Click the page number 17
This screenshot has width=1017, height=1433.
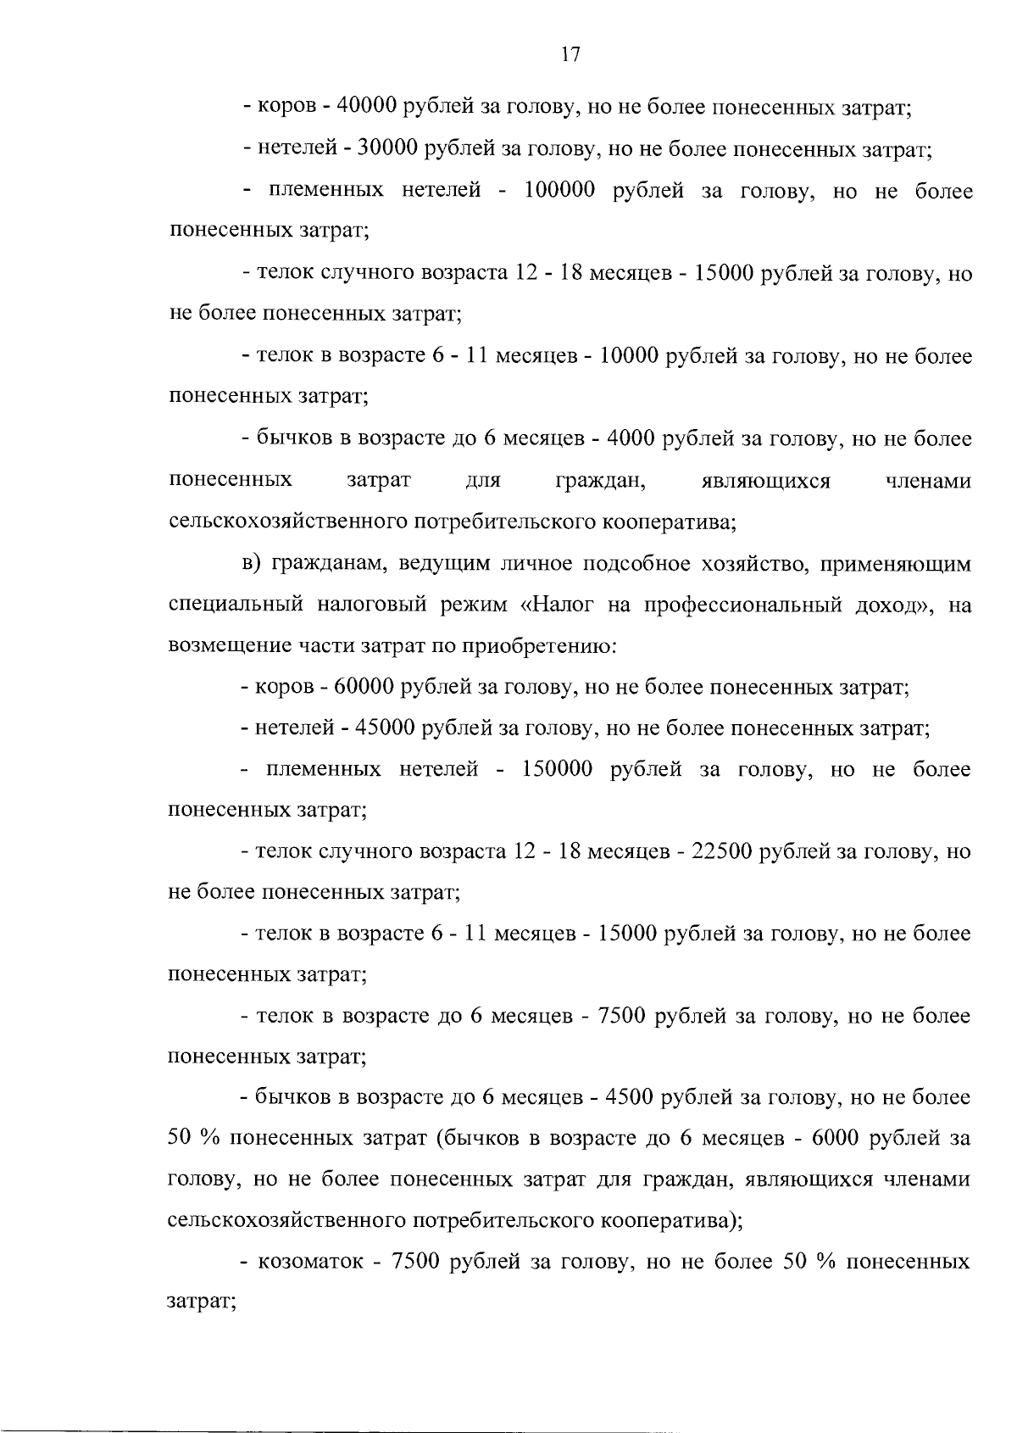click(x=570, y=55)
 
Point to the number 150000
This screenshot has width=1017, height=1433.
click(x=558, y=769)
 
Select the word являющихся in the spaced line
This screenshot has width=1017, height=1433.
click(x=766, y=481)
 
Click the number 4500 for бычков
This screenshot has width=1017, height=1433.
click(x=628, y=1097)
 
